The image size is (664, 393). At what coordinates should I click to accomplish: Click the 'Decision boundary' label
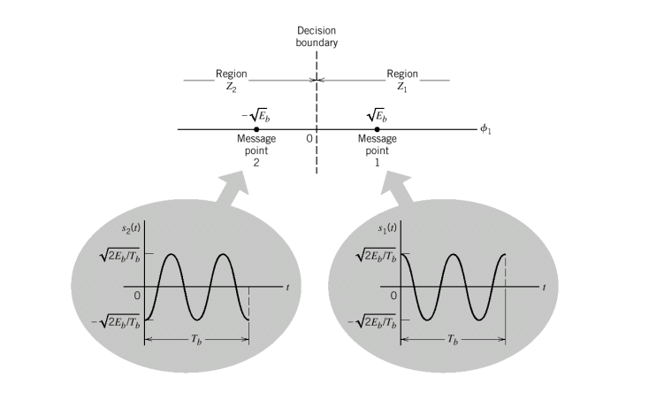317,36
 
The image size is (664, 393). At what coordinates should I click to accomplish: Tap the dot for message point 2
256,130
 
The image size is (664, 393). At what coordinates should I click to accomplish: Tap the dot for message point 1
378,130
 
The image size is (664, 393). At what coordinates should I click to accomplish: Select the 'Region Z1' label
402,81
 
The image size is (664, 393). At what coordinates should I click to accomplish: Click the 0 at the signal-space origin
309,139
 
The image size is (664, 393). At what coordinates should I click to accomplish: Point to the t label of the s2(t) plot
287,288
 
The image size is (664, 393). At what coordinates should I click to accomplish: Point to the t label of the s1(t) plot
542,288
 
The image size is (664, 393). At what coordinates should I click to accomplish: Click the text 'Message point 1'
378,150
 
